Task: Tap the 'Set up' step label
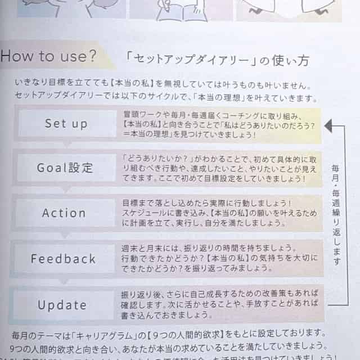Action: click(66, 123)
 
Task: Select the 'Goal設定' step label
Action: click(65, 168)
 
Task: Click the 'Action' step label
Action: click(64, 213)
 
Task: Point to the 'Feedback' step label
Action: click(63, 259)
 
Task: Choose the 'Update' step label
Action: click(62, 305)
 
